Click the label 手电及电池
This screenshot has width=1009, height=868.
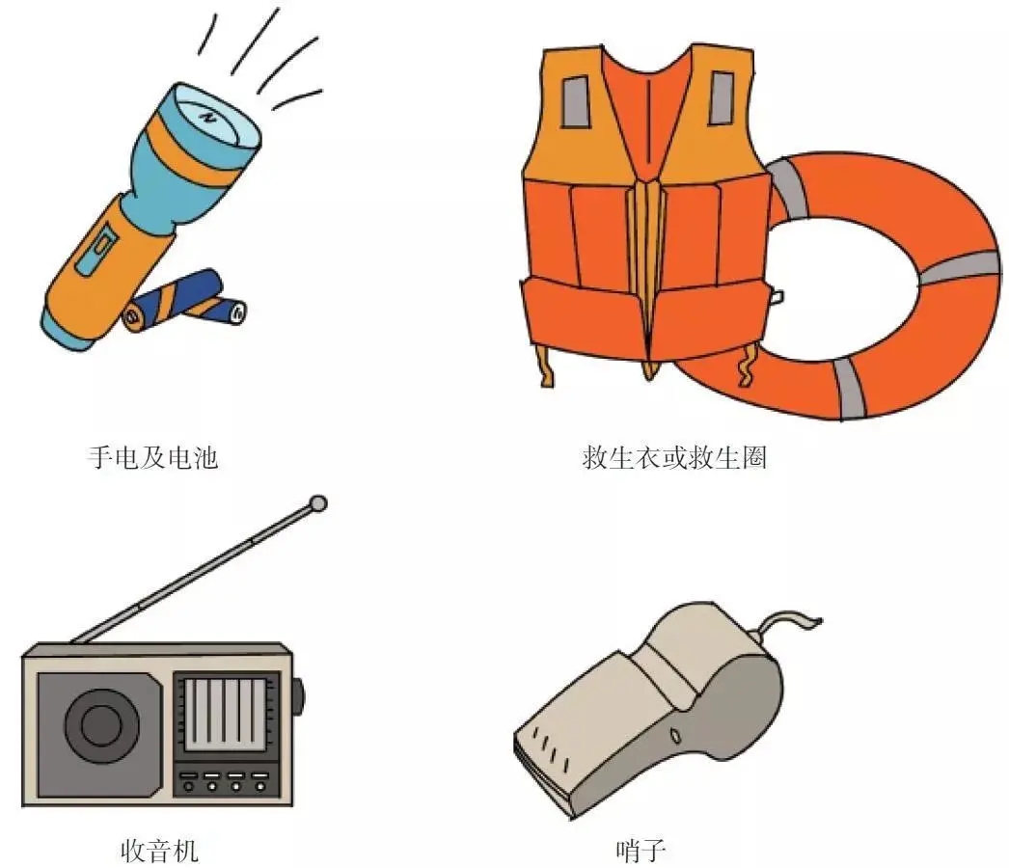click(153, 457)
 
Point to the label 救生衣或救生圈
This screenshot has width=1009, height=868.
click(673, 457)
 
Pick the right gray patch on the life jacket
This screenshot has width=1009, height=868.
click(722, 97)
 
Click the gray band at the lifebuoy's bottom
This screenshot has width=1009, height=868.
click(849, 389)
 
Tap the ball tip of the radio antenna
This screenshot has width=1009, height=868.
click(318, 503)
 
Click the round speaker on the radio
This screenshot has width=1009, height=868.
click(101, 725)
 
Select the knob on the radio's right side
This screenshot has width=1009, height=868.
click(298, 695)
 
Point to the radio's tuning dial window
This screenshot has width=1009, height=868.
click(225, 715)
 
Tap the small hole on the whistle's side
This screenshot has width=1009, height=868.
click(674, 735)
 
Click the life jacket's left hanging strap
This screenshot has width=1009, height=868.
click(546, 366)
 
